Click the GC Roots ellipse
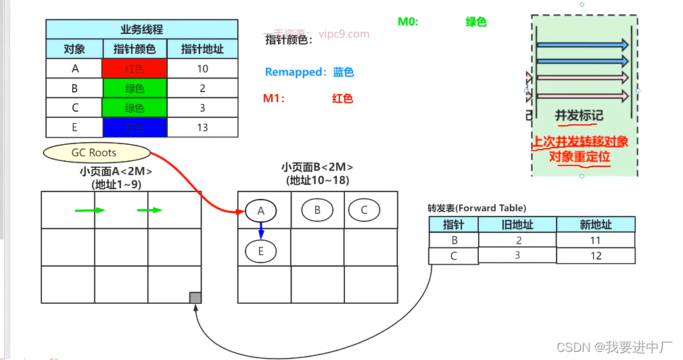pos(94,153)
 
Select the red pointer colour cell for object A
pos(135,68)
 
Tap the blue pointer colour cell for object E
pos(135,127)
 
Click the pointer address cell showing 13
pos(202,127)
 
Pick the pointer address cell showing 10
pos(202,68)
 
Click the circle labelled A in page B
pos(261,211)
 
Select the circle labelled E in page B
pos(261,251)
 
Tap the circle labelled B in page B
pos(317,210)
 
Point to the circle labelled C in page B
pos(364,210)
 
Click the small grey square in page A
pos(195,298)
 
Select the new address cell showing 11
pos(595,240)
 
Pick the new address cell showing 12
pos(595,256)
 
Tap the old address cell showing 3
pos(517,255)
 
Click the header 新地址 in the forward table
pos(595,224)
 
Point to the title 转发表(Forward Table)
pos(477,208)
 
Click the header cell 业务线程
pos(142,30)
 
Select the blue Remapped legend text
pos(309,72)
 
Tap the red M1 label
pos(274,99)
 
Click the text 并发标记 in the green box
pos(579,115)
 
